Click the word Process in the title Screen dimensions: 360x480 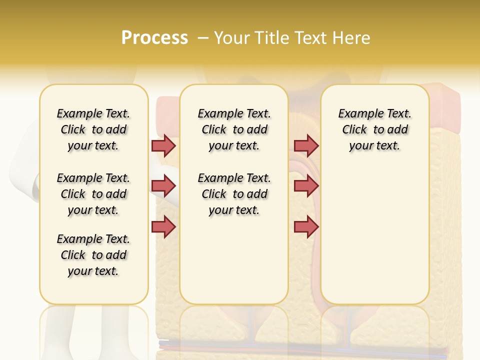[x=154, y=37]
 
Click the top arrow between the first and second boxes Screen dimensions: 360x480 [x=163, y=145]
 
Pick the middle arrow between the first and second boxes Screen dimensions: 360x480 [x=163, y=186]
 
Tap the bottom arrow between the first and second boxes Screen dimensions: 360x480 [x=163, y=226]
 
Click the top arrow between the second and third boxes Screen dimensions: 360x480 [x=306, y=145]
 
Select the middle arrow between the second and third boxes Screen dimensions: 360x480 [x=306, y=186]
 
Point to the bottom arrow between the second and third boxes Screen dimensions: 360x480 [x=306, y=226]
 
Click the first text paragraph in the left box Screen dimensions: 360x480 [x=93, y=129]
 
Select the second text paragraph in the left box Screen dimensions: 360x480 [x=93, y=194]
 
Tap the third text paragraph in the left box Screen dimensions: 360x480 [x=93, y=255]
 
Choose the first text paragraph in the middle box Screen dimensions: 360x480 [x=234, y=129]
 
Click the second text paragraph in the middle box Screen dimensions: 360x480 [x=234, y=194]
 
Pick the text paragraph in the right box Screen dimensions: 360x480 [x=375, y=129]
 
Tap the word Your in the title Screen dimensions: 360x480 [x=232, y=38]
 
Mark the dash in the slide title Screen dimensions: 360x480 [x=202, y=38]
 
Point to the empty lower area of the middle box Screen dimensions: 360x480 [x=234, y=260]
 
